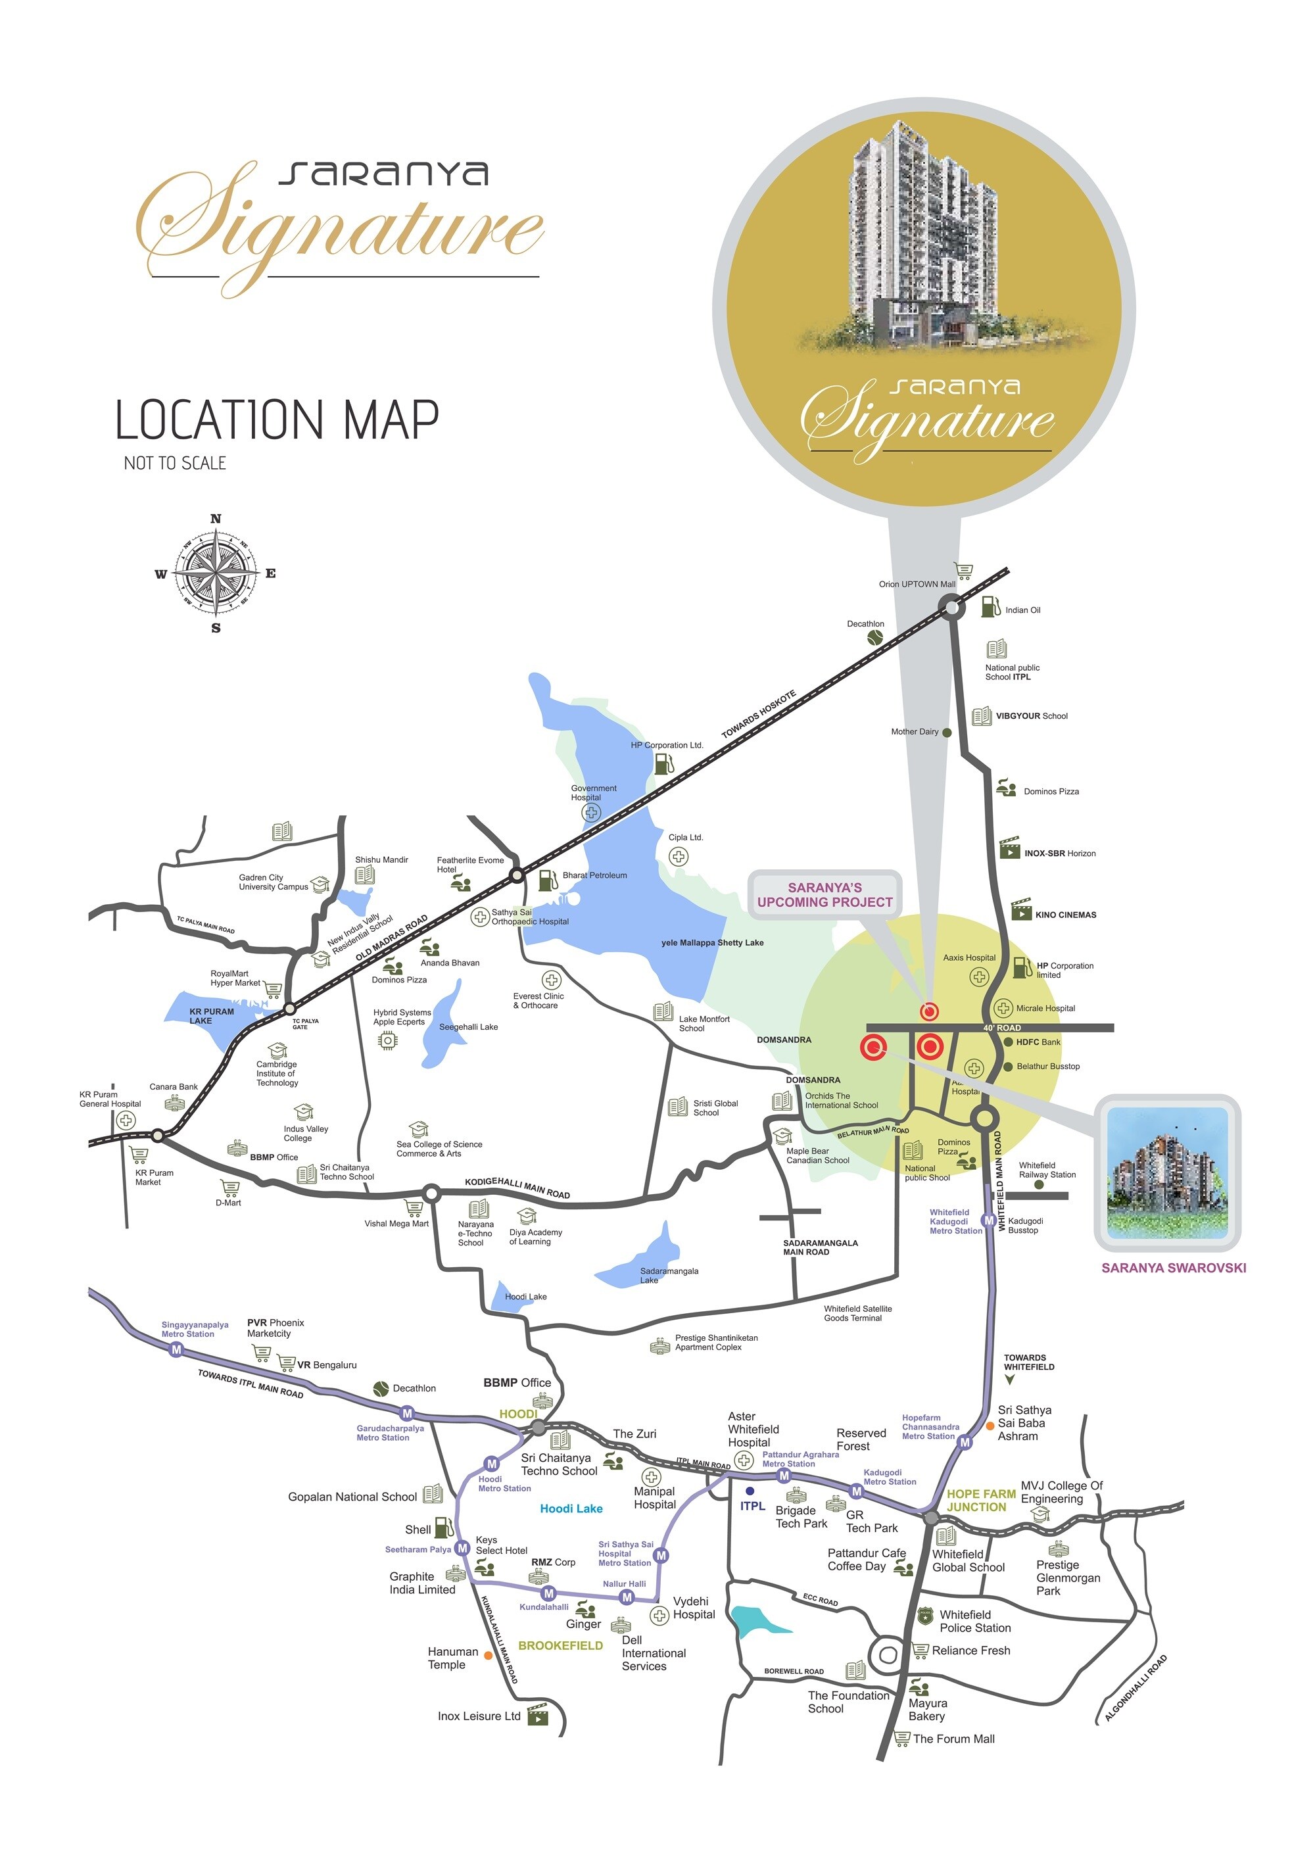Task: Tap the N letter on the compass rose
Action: [x=216, y=518]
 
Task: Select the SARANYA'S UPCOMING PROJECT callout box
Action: [x=825, y=895]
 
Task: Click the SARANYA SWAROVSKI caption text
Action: [x=1173, y=1268]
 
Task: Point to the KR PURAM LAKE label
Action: [x=211, y=1015]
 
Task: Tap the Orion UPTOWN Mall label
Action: [x=917, y=584]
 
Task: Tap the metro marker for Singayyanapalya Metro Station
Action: [x=176, y=1350]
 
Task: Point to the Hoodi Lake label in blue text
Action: [x=571, y=1508]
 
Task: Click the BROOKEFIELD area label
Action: [x=560, y=1646]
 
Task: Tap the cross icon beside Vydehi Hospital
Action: [x=659, y=1616]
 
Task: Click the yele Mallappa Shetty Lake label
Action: [x=712, y=943]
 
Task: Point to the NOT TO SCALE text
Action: [x=175, y=463]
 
